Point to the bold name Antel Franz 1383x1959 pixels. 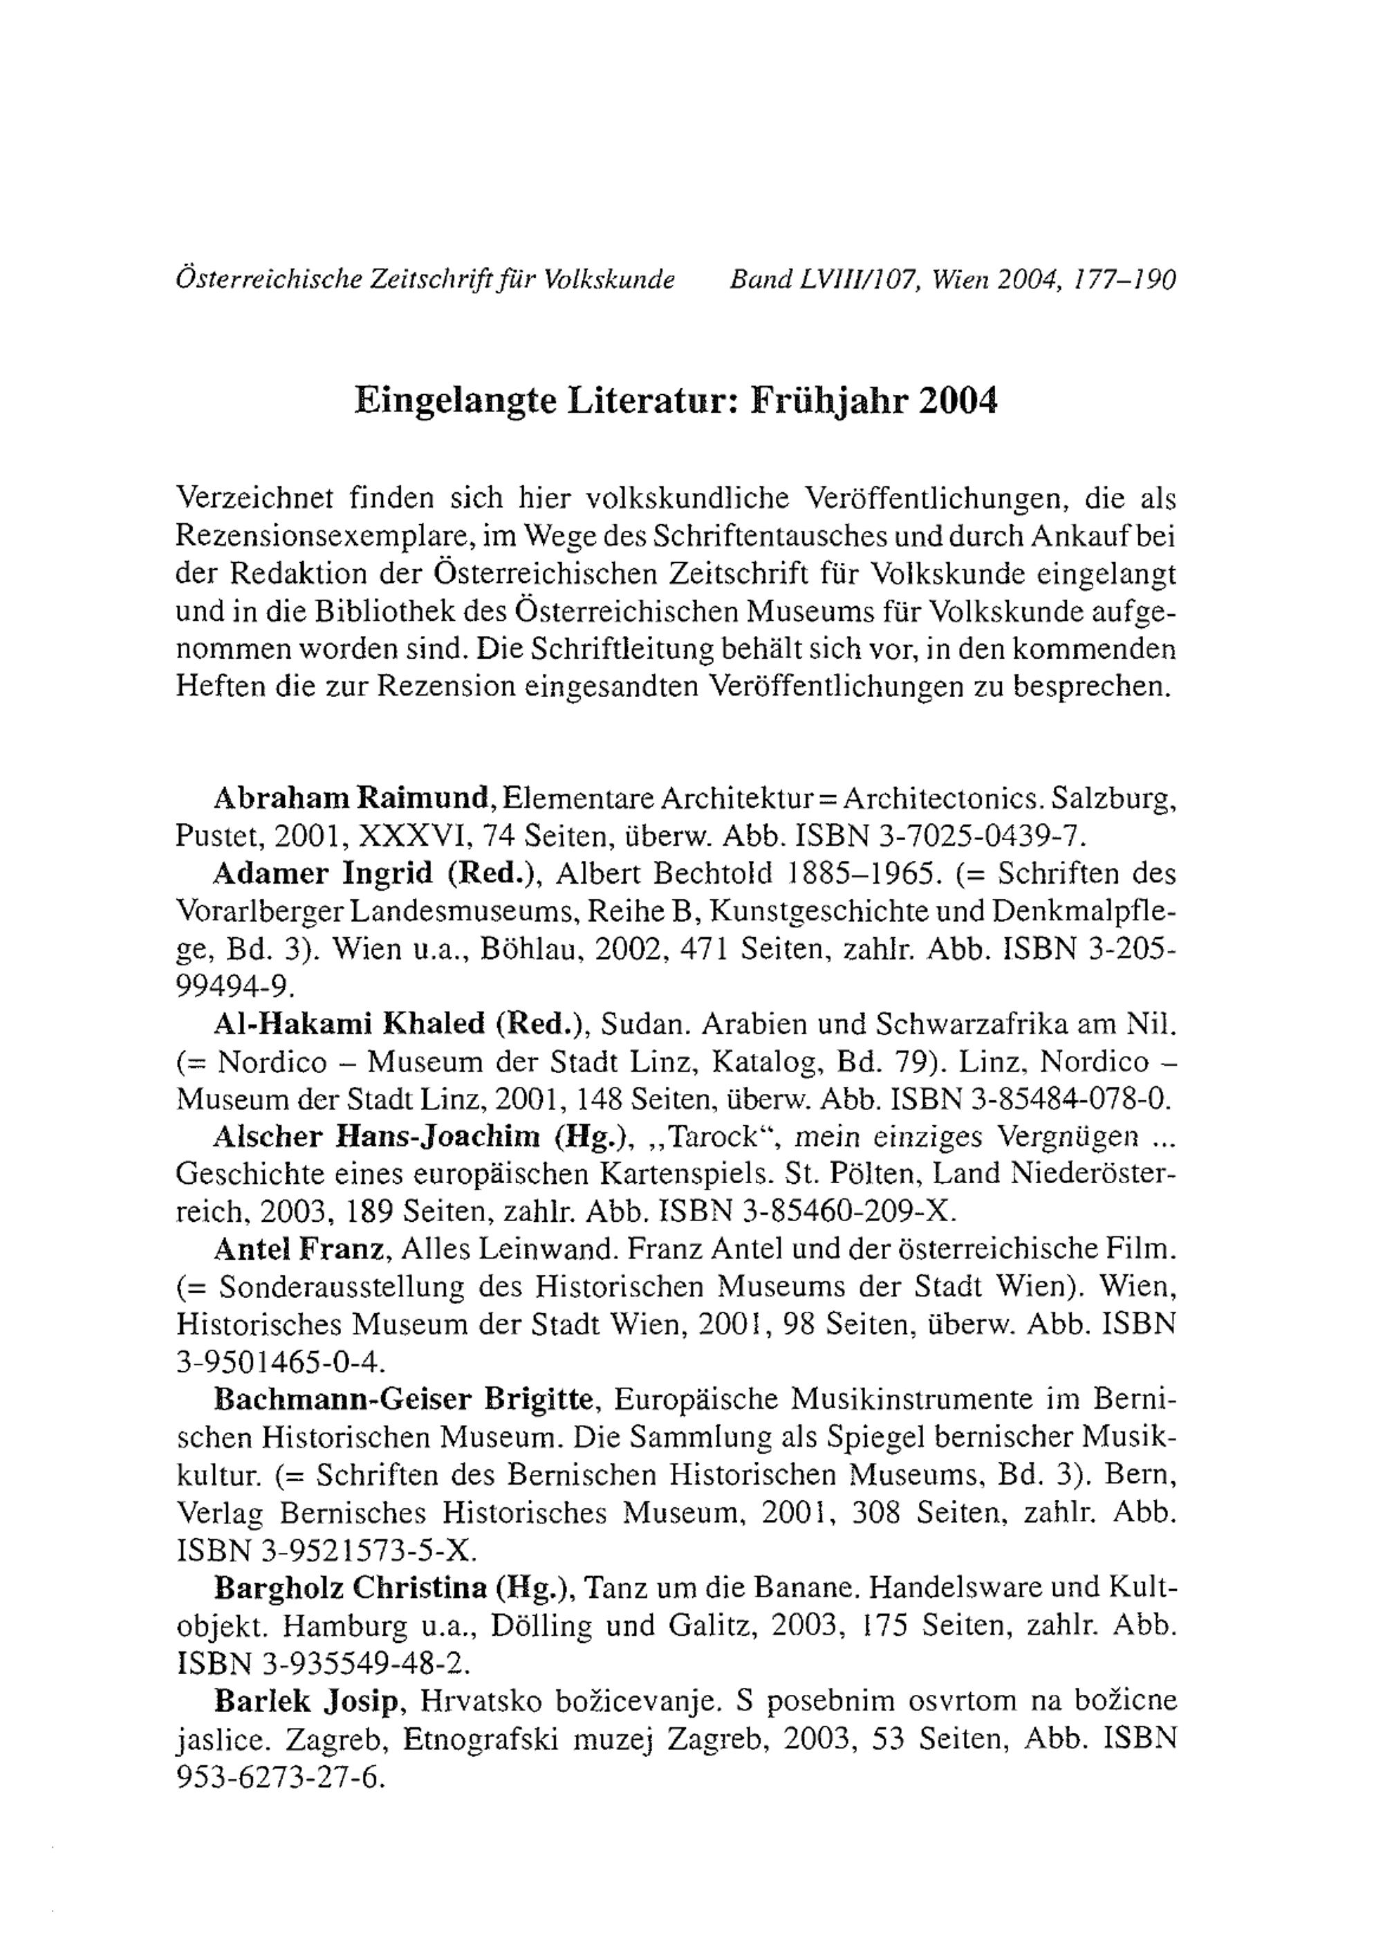click(x=299, y=1249)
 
